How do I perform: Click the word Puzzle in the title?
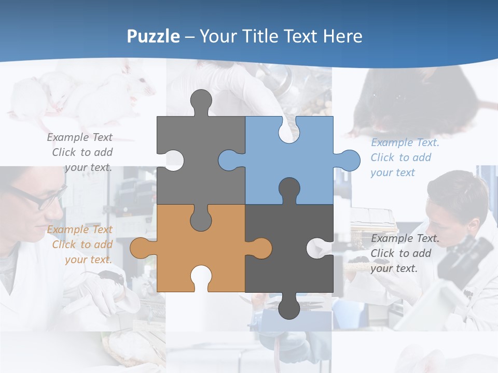pyautogui.click(x=154, y=36)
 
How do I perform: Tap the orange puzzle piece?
pyautogui.click(x=171, y=249)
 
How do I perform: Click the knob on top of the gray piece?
pyautogui.click(x=201, y=101)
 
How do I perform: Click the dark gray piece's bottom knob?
pyautogui.click(x=288, y=308)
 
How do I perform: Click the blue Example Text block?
pyautogui.click(x=404, y=157)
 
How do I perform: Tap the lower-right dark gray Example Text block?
pyautogui.click(x=404, y=253)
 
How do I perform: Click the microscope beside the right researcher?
pyautogui.click(x=464, y=254)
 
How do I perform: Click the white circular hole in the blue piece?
pyautogui.click(x=288, y=132)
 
